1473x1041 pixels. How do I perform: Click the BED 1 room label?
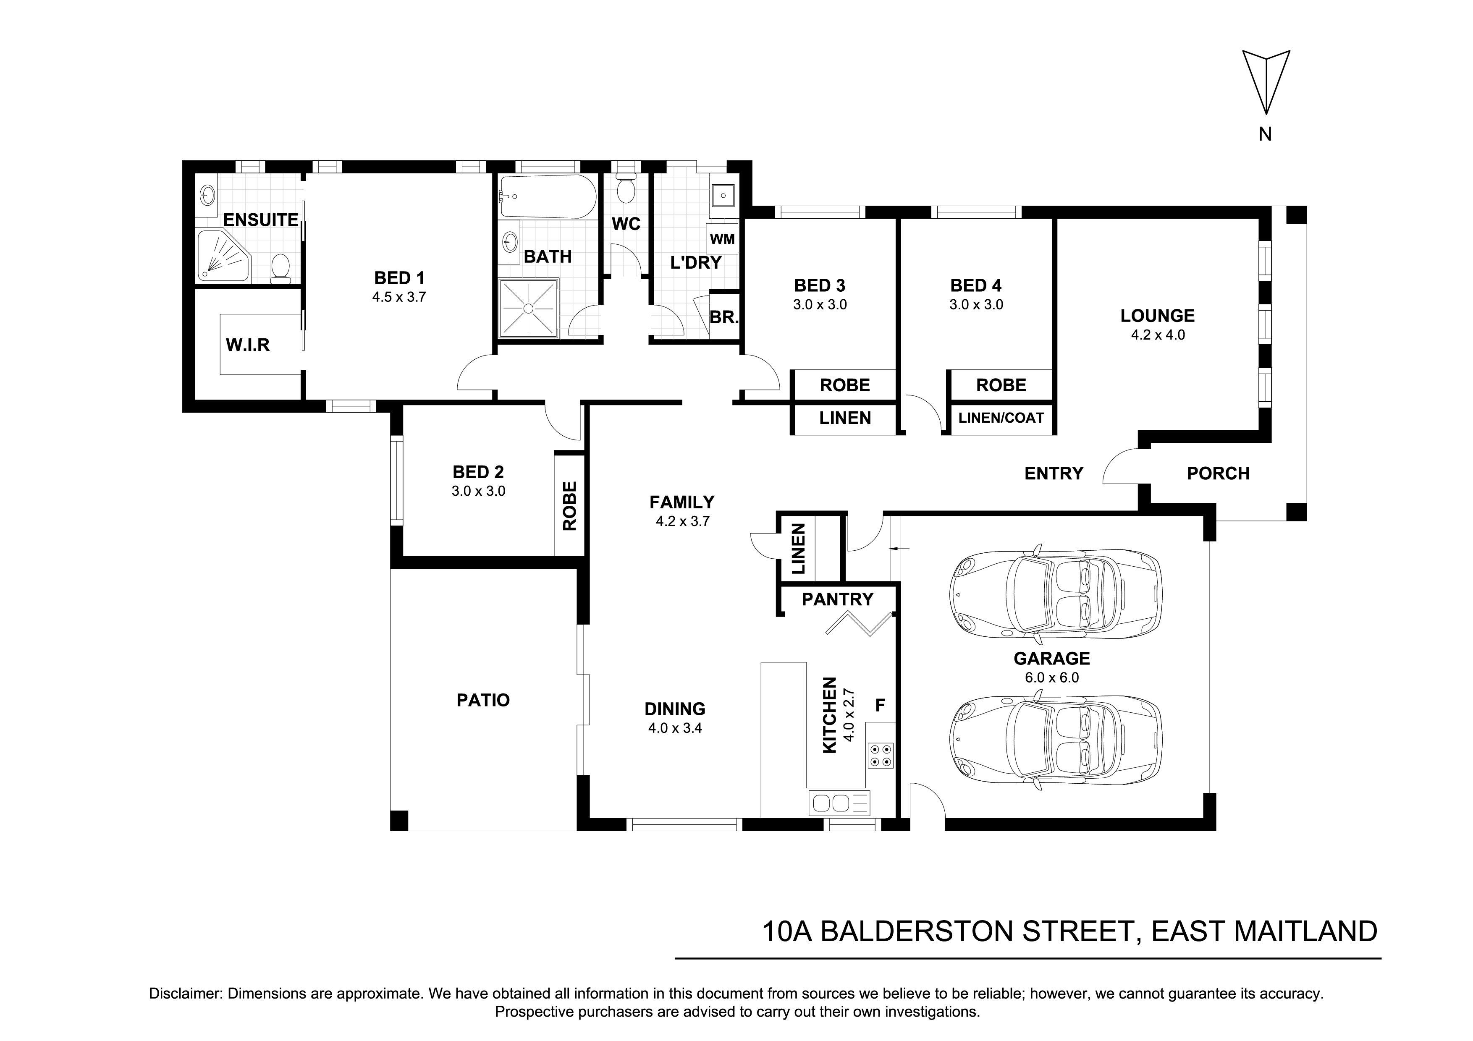click(399, 278)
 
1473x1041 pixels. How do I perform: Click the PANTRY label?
click(838, 599)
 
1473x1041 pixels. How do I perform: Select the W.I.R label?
click(248, 345)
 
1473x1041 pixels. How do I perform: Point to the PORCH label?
click(1218, 473)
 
